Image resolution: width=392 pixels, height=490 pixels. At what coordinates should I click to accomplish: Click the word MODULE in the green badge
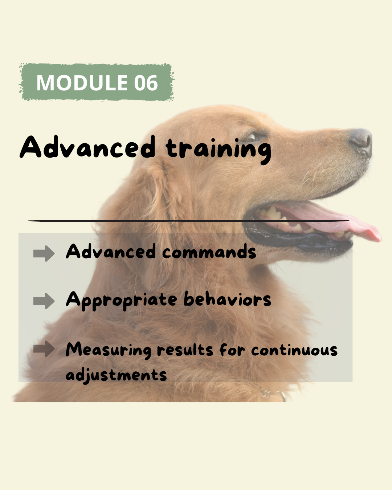pos(82,82)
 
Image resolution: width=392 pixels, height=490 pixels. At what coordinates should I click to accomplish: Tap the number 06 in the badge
pos(146,82)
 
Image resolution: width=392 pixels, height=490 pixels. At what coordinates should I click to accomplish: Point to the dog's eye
pos(252,137)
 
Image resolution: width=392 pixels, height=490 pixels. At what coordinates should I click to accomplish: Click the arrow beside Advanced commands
pos(44,253)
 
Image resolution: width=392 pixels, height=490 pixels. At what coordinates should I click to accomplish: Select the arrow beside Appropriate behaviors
pos(44,301)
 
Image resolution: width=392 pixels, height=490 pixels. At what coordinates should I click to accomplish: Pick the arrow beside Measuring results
pos(44,348)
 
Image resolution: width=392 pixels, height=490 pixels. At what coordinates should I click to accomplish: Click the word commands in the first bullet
pos(209,252)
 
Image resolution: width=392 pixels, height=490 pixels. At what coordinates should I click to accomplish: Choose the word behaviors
pos(227,298)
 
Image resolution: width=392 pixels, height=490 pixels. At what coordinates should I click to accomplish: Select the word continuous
pos(294,351)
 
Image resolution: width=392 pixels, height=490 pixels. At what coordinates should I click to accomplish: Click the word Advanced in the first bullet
pos(111,252)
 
